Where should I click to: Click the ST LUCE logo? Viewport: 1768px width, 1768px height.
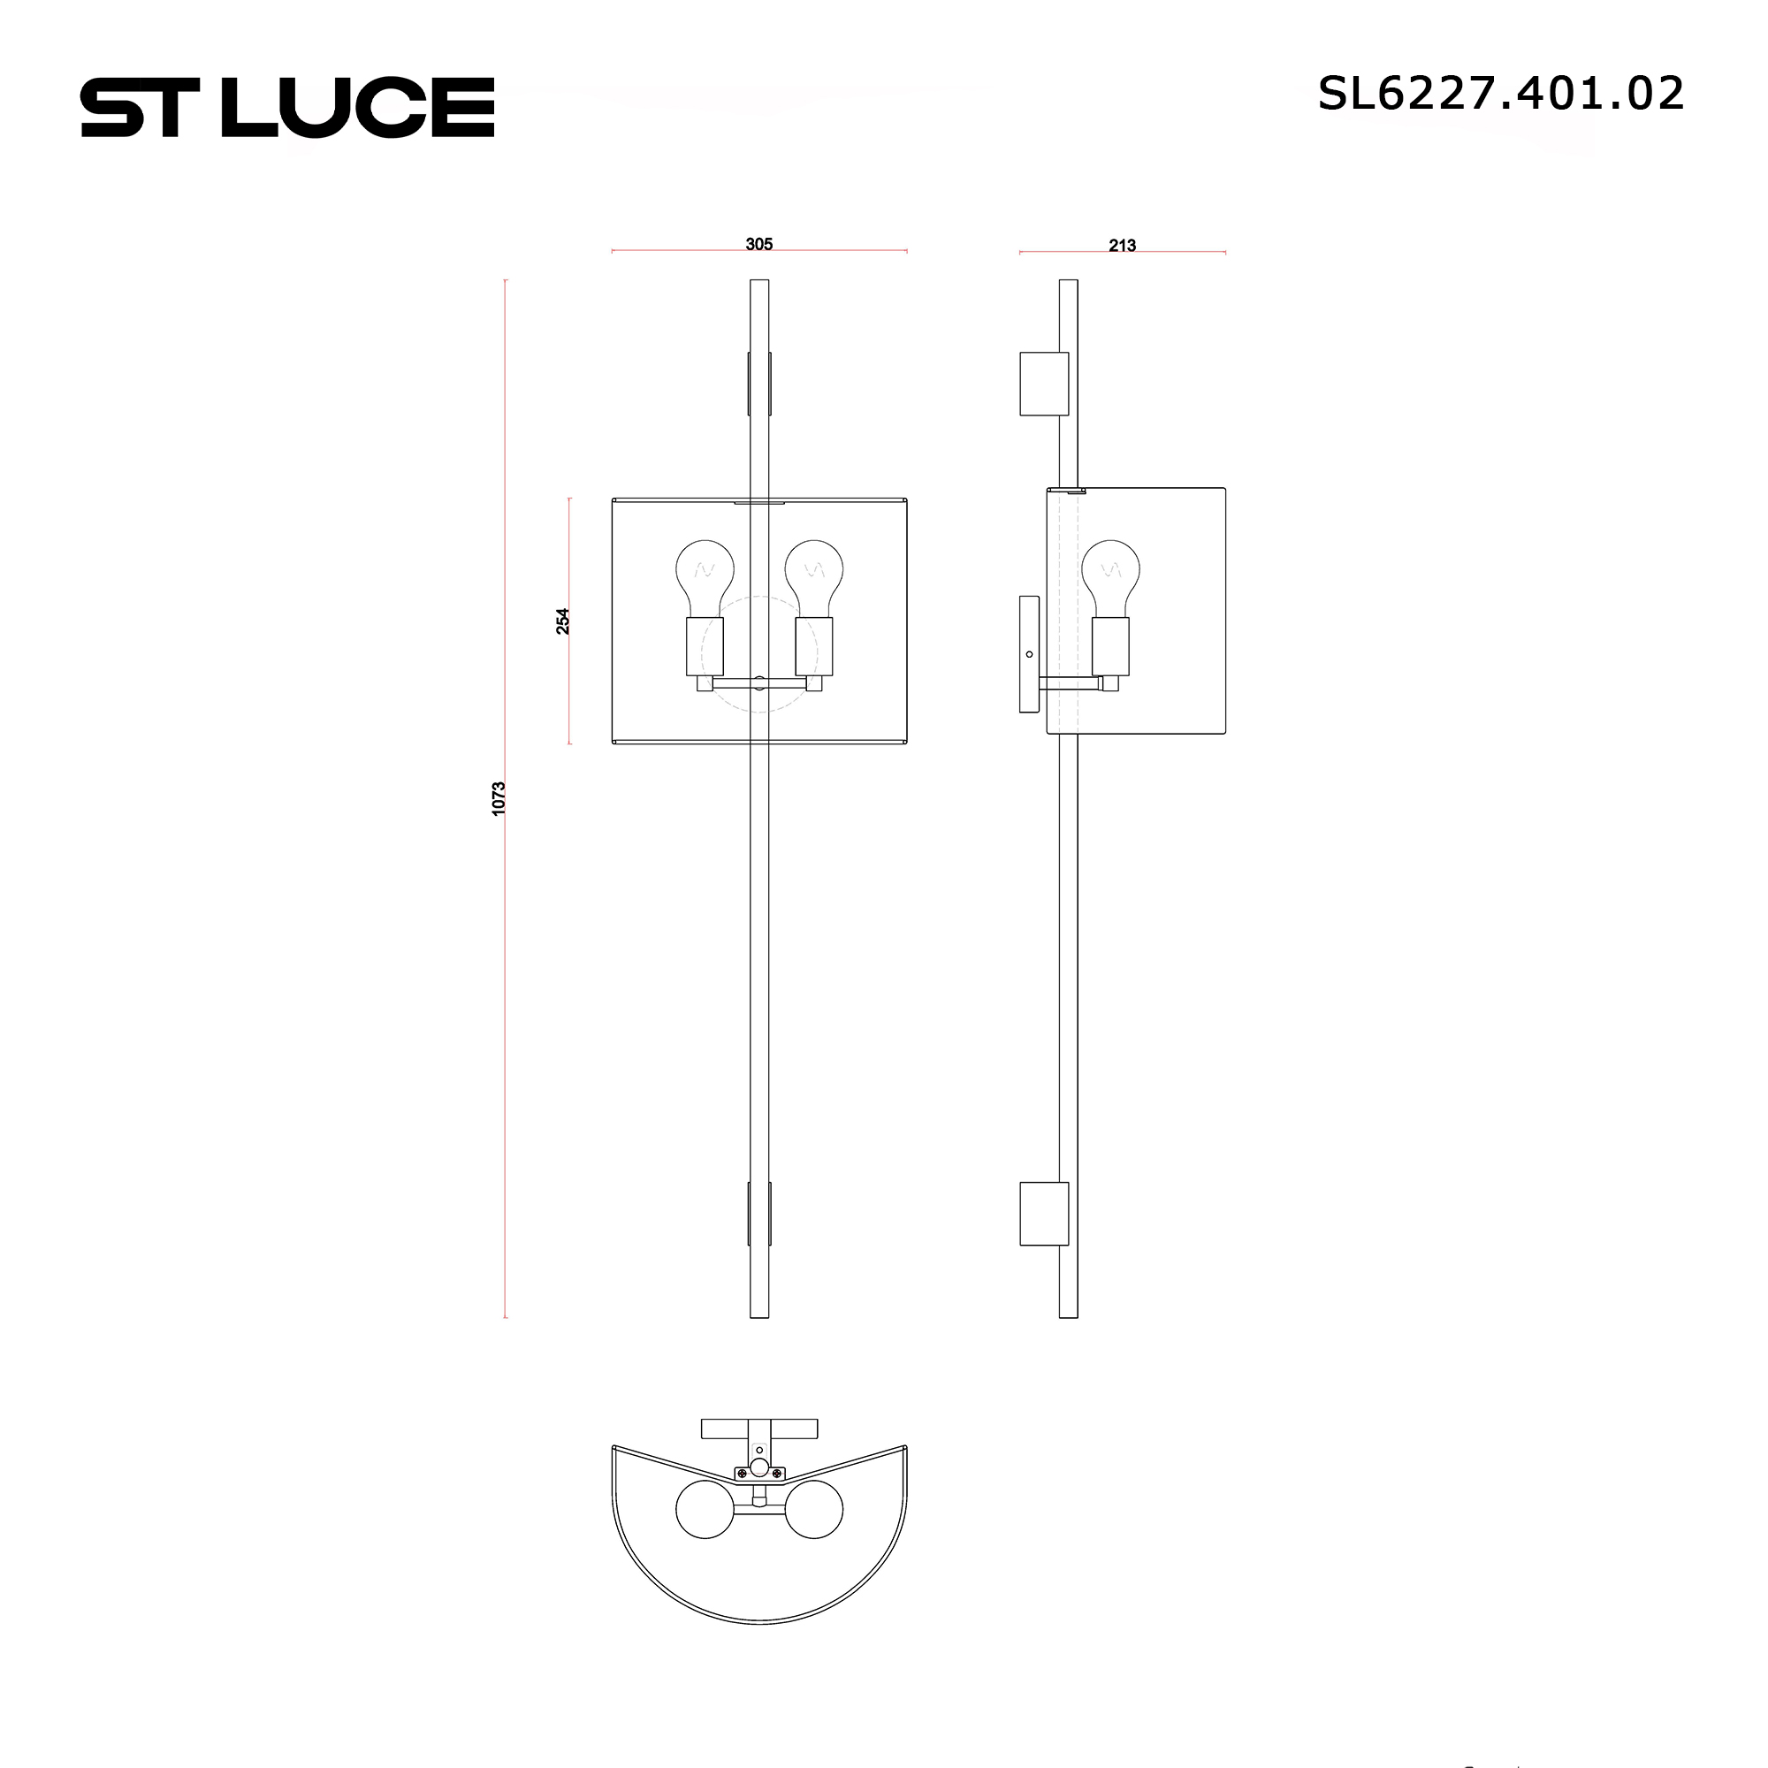click(287, 107)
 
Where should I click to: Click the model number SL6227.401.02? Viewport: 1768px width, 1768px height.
click(1500, 94)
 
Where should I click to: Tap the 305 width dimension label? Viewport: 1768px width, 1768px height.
click(758, 244)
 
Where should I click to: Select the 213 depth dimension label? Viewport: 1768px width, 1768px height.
click(1122, 245)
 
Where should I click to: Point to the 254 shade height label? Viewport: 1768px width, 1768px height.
click(563, 621)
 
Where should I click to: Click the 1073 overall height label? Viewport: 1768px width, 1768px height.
click(499, 798)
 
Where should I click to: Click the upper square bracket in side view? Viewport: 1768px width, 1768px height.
click(1044, 384)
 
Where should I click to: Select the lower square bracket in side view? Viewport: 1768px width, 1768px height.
click(1044, 1214)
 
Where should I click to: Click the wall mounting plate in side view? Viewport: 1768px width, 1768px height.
click(1030, 653)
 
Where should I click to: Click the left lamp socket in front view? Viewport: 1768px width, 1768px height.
click(705, 646)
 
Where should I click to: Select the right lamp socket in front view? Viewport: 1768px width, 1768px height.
click(814, 646)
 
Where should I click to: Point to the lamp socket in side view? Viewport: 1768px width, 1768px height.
click(1110, 646)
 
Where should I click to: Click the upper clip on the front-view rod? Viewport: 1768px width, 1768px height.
click(759, 384)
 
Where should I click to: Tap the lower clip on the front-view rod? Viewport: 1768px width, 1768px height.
click(759, 1214)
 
